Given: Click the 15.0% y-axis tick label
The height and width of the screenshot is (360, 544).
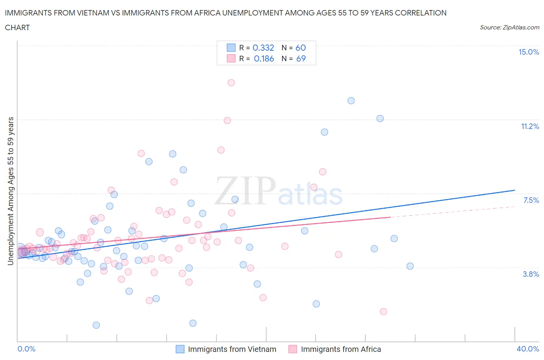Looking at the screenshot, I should (x=529, y=52).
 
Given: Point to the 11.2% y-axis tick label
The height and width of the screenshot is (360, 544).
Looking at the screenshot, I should (x=530, y=127).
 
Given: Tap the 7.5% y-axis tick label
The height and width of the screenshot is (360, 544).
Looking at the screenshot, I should (x=531, y=200).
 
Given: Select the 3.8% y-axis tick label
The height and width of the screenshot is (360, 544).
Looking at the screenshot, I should (x=531, y=274).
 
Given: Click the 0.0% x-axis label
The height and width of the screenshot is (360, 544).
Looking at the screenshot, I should (x=26, y=349).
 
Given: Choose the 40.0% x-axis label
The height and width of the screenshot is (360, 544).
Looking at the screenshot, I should (x=528, y=349).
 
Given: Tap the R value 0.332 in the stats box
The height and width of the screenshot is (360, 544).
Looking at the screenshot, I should (x=263, y=48).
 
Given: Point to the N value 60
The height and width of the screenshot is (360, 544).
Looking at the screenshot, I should (x=301, y=48).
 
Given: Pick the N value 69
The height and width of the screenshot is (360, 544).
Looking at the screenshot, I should (x=301, y=58).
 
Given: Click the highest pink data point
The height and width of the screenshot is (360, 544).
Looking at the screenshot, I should (x=231, y=82).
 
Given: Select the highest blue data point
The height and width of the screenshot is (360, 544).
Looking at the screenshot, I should (x=351, y=101).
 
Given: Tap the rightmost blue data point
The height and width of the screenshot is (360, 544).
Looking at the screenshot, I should (x=410, y=266).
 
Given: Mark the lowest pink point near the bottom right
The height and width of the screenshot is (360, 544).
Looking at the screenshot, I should (x=383, y=312).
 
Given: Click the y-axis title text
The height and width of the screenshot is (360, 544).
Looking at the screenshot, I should (x=10, y=191).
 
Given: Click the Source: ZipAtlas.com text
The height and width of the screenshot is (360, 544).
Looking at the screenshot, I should (x=509, y=27).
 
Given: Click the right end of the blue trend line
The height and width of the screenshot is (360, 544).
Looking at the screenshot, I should (x=515, y=190).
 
